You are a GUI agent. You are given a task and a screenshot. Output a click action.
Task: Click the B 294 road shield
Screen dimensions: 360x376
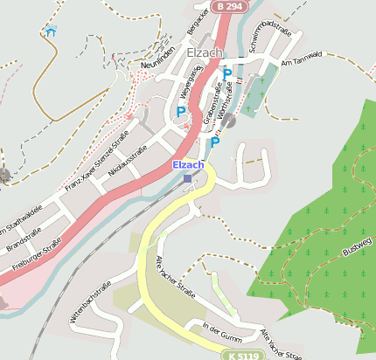[x=228, y=6]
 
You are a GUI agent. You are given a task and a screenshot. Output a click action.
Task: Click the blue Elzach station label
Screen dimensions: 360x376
[x=188, y=164]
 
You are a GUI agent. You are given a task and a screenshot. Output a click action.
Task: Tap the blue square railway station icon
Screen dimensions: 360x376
[x=187, y=178]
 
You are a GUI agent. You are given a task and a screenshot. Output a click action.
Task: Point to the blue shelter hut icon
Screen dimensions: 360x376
[x=50, y=32]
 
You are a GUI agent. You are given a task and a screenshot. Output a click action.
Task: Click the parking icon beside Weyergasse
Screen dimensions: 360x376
[x=181, y=112]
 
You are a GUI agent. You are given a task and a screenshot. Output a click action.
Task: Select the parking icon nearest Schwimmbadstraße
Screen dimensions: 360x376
[x=227, y=74]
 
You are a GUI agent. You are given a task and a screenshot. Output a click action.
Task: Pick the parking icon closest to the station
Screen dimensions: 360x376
[x=215, y=142]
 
